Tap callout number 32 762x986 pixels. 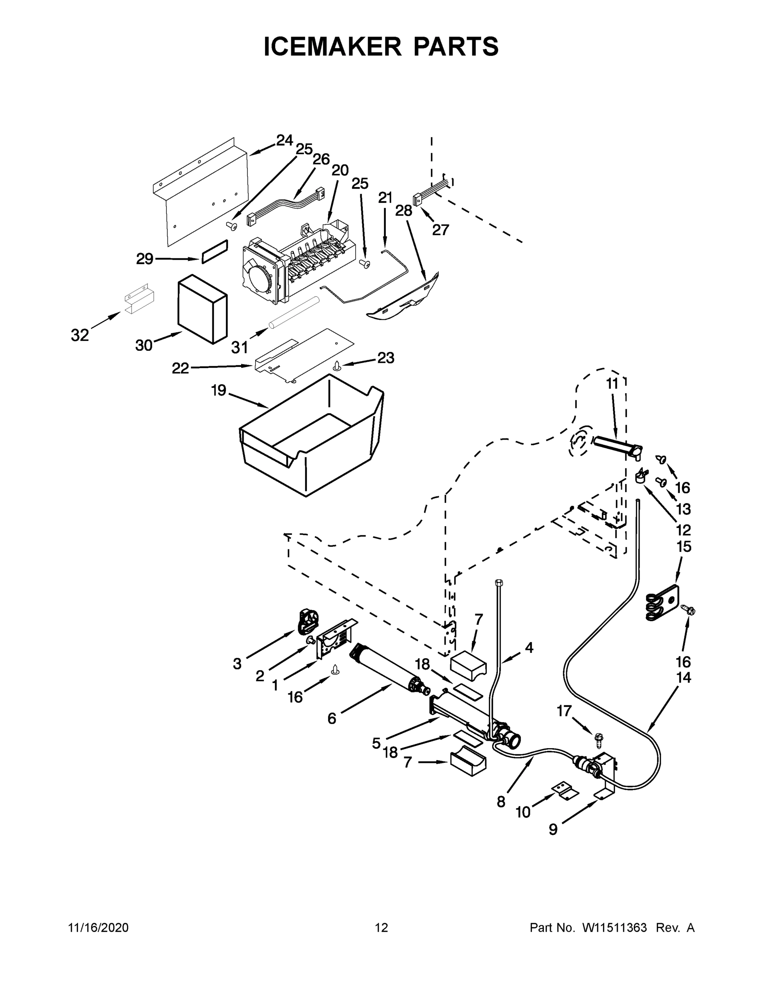80,335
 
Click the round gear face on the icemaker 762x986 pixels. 260,280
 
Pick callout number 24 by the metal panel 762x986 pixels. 284,141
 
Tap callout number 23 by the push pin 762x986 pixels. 385,357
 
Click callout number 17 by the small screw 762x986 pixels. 564,711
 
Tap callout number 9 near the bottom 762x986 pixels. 553,829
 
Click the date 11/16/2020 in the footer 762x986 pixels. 99,928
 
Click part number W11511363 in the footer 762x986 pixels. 615,928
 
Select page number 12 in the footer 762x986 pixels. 381,928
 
